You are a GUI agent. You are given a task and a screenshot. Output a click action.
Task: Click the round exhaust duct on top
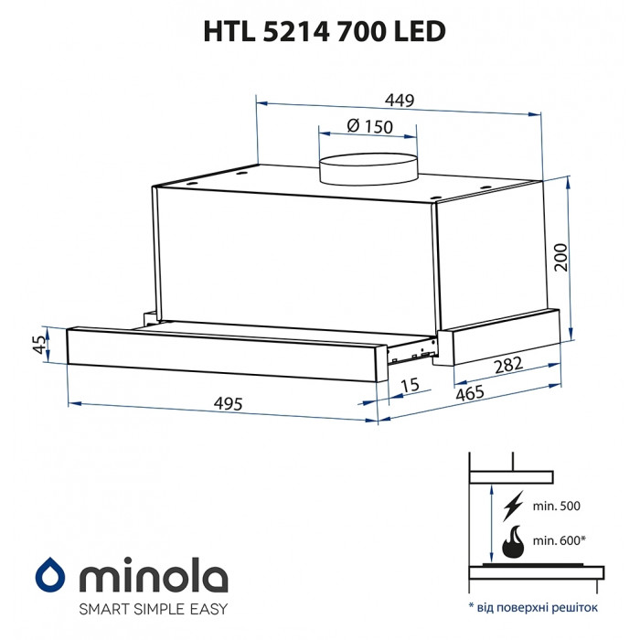(x=367, y=168)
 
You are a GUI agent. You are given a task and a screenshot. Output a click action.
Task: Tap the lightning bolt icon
(x=513, y=505)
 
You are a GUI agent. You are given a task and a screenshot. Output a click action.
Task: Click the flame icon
(x=512, y=541)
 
